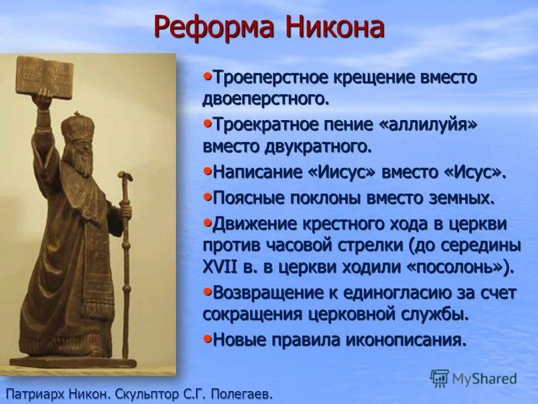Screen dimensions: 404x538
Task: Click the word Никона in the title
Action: (334, 27)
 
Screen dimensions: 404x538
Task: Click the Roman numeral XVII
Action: (222, 267)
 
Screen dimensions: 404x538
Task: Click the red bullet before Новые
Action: (207, 338)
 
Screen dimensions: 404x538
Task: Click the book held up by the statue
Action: (45, 76)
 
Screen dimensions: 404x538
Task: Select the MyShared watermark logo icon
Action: (440, 378)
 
